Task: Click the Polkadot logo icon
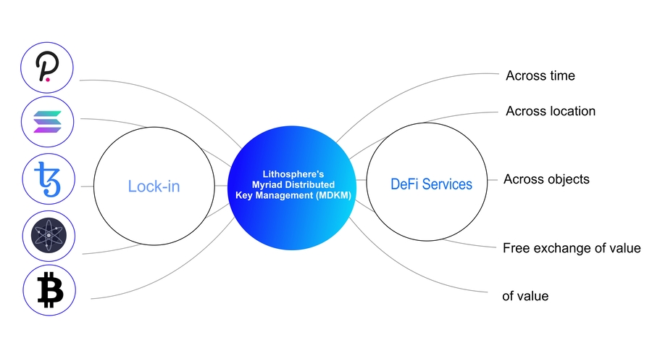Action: click(x=49, y=69)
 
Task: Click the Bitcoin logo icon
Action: click(x=49, y=289)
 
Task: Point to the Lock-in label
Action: click(x=154, y=186)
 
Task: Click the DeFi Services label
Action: click(x=431, y=184)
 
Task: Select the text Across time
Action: click(x=540, y=75)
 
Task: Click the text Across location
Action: click(x=551, y=111)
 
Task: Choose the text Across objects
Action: click(x=546, y=178)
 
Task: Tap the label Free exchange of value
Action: click(x=572, y=248)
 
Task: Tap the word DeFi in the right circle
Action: click(x=403, y=184)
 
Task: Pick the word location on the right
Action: click(x=570, y=111)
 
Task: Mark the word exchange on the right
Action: click(x=566, y=248)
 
